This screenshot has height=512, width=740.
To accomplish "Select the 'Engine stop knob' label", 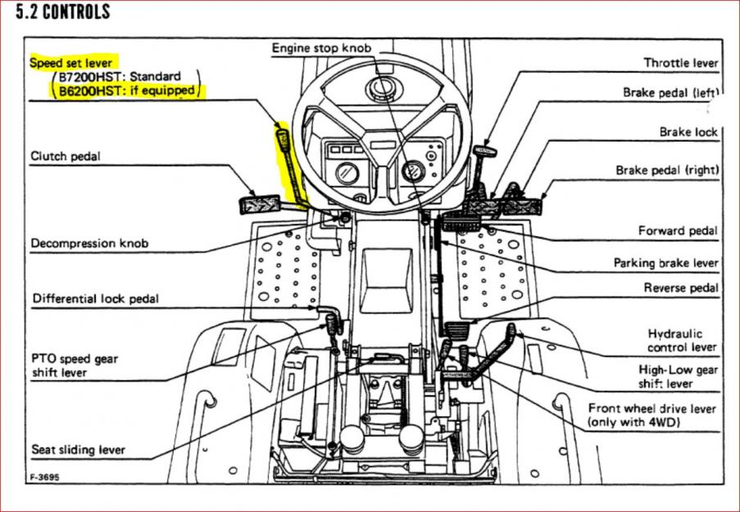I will pos(321,49).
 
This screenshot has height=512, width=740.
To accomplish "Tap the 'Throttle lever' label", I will pos(680,63).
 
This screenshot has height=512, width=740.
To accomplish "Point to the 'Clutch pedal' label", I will pos(66,156).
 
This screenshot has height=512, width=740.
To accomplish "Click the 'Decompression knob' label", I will pos(90,243).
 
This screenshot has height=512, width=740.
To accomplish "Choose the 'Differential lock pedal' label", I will pos(96,299).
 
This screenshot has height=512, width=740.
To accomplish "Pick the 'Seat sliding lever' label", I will pos(79,450).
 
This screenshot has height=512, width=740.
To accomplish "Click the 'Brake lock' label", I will pos(688,132).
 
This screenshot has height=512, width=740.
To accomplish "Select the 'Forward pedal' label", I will pos(678,231).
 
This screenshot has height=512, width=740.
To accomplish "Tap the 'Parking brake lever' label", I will pos(665,263).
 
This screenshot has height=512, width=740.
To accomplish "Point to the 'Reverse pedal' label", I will pos(681,288).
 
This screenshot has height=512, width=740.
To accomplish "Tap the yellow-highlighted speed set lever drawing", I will pos(288,164).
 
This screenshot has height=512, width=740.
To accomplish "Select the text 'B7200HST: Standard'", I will pos(119,77).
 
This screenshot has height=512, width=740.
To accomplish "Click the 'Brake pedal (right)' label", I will pos(667,170).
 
